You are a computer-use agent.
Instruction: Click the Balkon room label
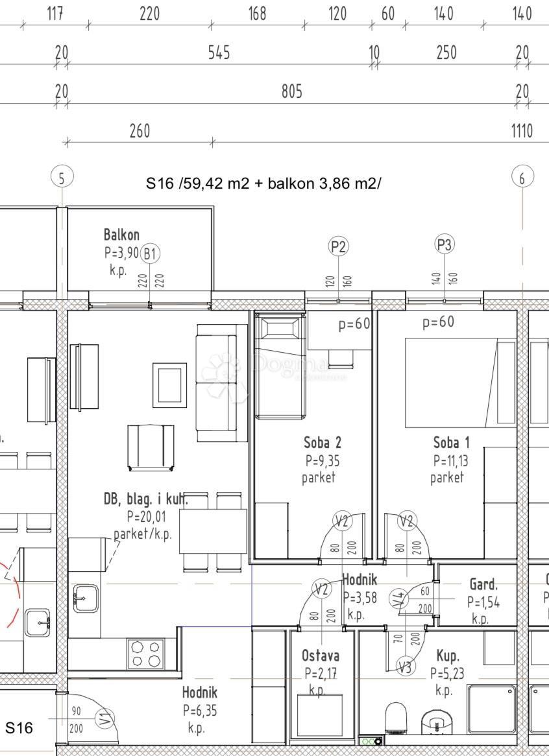click(121, 235)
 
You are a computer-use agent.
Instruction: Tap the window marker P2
click(339, 246)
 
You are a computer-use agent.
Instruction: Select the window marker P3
click(444, 244)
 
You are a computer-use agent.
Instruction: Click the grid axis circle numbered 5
click(62, 178)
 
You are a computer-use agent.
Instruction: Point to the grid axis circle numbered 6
click(522, 178)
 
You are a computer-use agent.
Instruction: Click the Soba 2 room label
click(322, 443)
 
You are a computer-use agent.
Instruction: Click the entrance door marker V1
click(103, 718)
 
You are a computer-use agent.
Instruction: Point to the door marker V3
click(406, 666)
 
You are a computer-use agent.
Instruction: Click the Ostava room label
click(320, 656)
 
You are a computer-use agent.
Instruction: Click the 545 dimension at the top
click(219, 53)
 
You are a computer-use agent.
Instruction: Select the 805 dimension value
click(291, 91)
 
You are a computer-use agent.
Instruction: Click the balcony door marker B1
click(150, 254)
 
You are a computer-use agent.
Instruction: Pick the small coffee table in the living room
click(170, 384)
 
